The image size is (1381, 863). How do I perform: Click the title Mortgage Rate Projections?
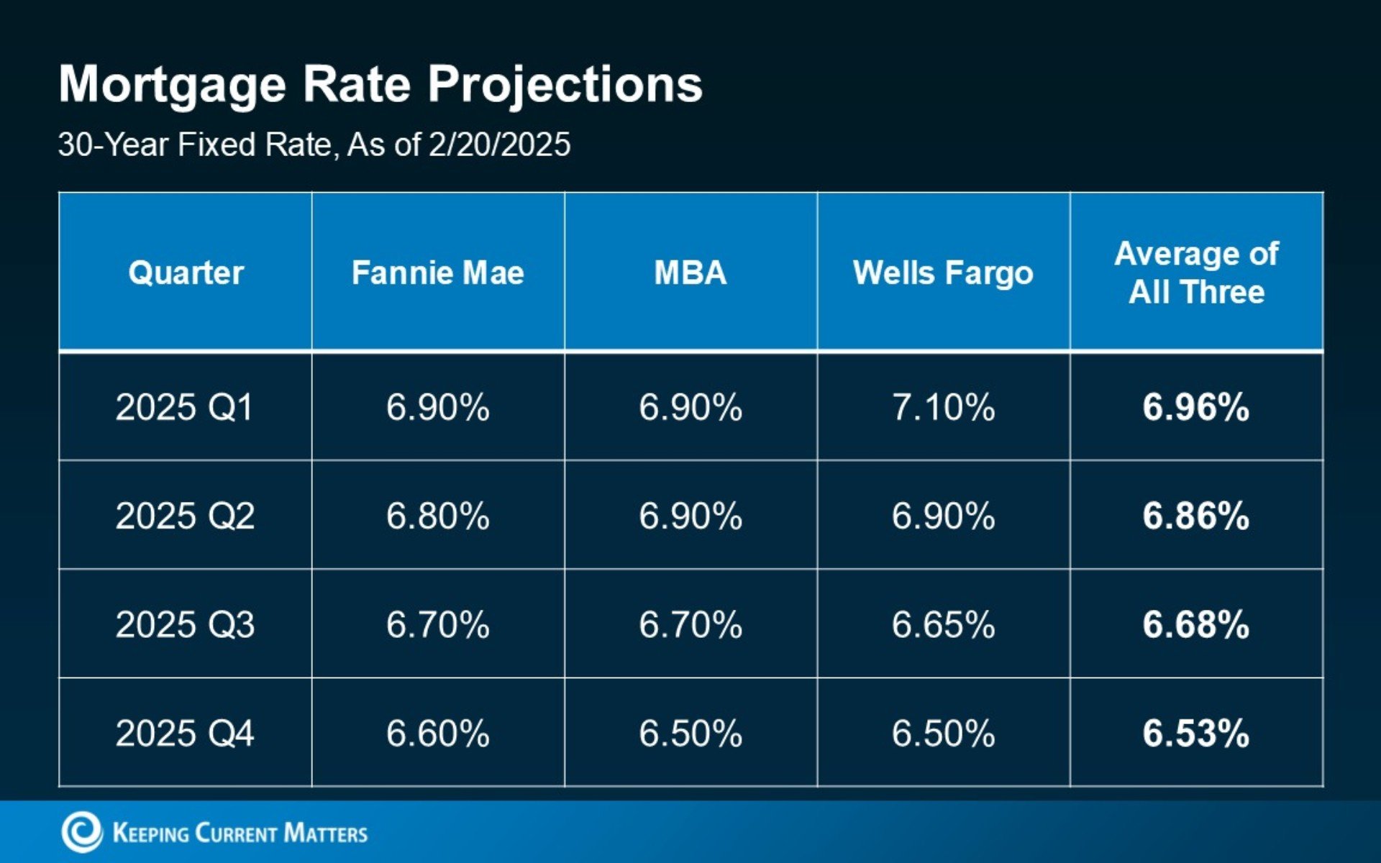click(x=380, y=85)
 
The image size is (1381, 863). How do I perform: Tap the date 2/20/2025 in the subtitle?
click(x=499, y=145)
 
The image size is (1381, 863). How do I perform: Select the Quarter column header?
click(x=186, y=273)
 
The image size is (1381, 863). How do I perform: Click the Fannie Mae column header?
click(x=437, y=273)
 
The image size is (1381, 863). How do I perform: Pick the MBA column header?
click(x=690, y=273)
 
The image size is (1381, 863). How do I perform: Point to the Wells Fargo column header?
click(x=943, y=273)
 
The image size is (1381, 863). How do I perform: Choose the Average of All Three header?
click(x=1196, y=273)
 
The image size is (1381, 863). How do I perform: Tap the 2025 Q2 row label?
click(x=185, y=516)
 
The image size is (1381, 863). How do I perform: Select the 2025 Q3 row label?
click(x=185, y=624)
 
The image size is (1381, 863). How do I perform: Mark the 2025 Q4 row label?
click(x=185, y=734)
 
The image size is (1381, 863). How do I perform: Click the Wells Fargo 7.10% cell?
click(x=943, y=407)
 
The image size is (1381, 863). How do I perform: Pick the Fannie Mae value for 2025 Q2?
click(x=437, y=516)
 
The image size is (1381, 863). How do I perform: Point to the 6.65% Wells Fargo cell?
click(x=943, y=624)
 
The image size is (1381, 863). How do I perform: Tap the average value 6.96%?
click(x=1195, y=407)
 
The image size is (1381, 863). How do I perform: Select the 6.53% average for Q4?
click(x=1195, y=734)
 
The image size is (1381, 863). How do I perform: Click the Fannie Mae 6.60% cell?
click(x=437, y=734)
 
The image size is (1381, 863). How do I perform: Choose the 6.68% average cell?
click(x=1195, y=624)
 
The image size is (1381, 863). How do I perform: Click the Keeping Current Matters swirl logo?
click(x=81, y=832)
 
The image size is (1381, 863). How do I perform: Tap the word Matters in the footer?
click(x=325, y=834)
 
